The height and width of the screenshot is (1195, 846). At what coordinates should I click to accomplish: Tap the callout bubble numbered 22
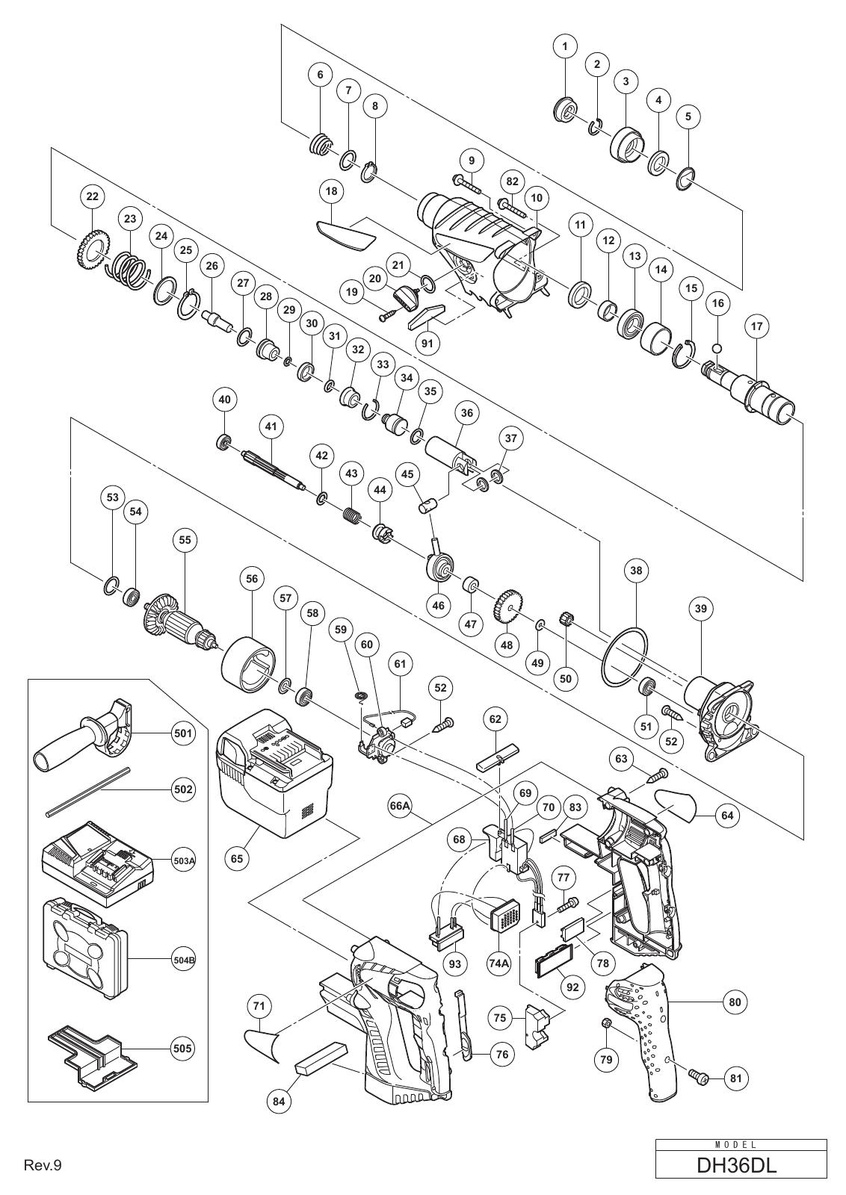click(x=92, y=196)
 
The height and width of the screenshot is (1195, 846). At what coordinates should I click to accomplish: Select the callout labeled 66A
click(x=401, y=806)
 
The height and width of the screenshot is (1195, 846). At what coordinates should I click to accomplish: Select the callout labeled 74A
click(x=499, y=963)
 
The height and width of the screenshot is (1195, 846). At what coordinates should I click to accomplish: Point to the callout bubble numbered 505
click(x=182, y=1048)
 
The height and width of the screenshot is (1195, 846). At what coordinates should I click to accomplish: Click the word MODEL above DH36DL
click(x=741, y=1145)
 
